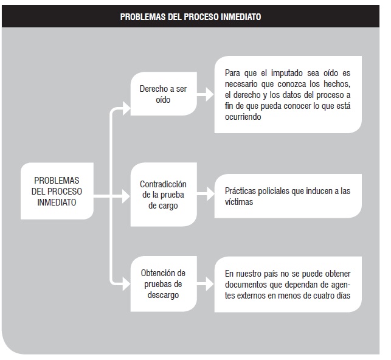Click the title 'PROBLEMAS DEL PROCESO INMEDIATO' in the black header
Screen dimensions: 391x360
pyautogui.click(x=190, y=16)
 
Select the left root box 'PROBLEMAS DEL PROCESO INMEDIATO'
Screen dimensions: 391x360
pyautogui.click(x=57, y=191)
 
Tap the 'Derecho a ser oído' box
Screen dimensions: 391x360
pyautogui.click(x=164, y=94)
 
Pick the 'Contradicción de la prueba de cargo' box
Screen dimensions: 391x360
pyautogui.click(x=164, y=195)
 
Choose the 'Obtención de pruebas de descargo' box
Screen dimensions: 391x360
pyautogui.click(x=164, y=284)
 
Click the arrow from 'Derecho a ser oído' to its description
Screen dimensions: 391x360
pyautogui.click(x=206, y=94)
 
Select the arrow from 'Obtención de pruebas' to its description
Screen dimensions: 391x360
pyautogui.click(x=206, y=284)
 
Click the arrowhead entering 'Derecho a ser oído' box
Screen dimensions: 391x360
pyautogui.click(x=126, y=108)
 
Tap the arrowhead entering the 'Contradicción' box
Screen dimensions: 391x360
pyautogui.click(x=126, y=196)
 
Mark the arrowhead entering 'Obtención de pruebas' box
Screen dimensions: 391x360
pyautogui.click(x=126, y=284)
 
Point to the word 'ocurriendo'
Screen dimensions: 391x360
pyautogui.click(x=243, y=117)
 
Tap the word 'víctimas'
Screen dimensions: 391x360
pyautogui.click(x=239, y=202)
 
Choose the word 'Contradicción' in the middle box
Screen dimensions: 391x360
pyautogui.click(x=163, y=184)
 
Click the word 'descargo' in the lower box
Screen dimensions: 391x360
pyautogui.click(x=163, y=296)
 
